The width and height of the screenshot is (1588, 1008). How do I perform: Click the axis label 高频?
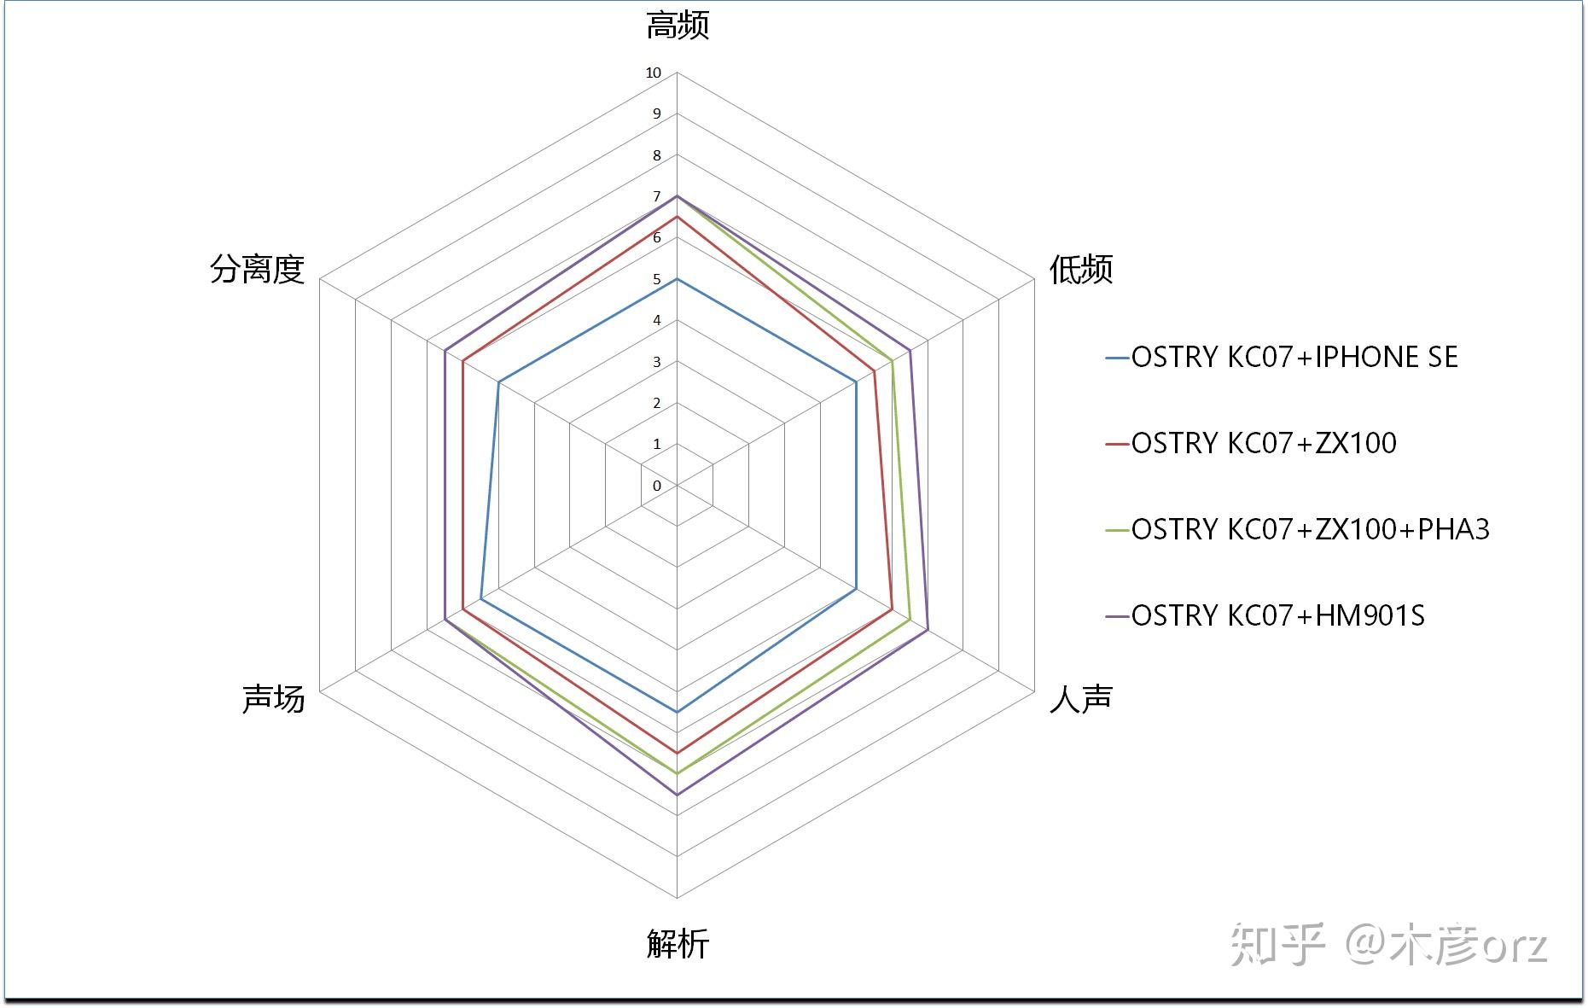tap(678, 26)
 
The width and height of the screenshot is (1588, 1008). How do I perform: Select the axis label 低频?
tap(1081, 270)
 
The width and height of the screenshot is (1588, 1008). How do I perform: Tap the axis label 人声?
tap(1081, 698)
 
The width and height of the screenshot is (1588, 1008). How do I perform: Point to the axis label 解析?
tap(678, 944)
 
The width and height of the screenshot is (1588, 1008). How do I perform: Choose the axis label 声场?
tap(273, 698)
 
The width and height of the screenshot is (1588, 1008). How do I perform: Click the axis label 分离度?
tap(257, 270)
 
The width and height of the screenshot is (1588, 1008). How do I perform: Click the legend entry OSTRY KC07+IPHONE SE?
tap(1294, 357)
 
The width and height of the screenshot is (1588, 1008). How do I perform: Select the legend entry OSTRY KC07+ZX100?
tap(1263, 443)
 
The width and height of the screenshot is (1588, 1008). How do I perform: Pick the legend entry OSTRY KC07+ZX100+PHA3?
tap(1310, 529)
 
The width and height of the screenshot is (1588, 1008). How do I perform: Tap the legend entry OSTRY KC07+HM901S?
tap(1277, 615)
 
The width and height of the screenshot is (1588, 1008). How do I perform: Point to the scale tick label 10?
tap(654, 73)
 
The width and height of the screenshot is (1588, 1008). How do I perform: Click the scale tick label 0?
tap(657, 487)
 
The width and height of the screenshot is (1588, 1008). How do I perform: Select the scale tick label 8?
tap(657, 156)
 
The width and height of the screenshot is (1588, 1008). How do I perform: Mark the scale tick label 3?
tap(657, 363)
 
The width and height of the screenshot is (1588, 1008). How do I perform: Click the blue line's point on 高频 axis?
tap(677, 279)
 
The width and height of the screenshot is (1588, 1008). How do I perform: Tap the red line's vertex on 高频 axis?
tap(677, 217)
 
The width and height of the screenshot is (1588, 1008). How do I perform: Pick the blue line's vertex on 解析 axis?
tap(677, 711)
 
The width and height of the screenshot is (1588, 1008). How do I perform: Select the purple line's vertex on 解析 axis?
tap(677, 795)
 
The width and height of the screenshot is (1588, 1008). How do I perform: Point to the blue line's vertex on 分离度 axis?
tap(498, 382)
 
